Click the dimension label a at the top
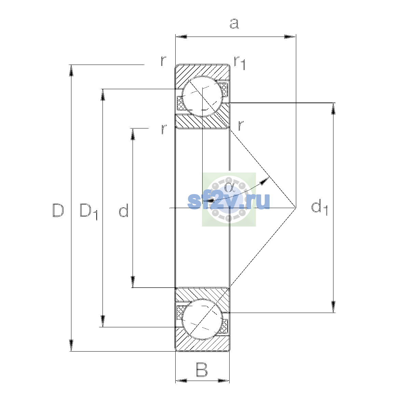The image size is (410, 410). pos(234,24)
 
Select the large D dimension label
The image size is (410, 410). pos(58,210)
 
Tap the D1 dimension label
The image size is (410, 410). pos(88,212)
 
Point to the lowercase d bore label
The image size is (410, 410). pos(124,210)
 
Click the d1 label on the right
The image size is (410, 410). pos(319,207)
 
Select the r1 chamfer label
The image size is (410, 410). pos(240,63)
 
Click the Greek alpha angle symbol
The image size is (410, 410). pos(229,188)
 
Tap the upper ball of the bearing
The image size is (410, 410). pos(202,96)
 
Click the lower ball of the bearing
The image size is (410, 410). pos(202,319)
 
